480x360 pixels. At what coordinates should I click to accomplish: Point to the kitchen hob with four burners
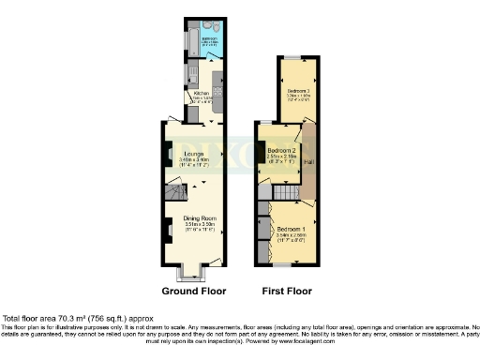(x=217, y=92)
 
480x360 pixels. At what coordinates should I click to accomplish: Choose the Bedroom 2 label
(x=281, y=151)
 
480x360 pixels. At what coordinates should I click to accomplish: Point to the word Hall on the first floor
(x=307, y=163)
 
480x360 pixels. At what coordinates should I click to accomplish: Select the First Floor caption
(x=286, y=292)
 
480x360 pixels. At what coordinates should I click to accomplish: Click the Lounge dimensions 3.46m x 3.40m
(x=194, y=160)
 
